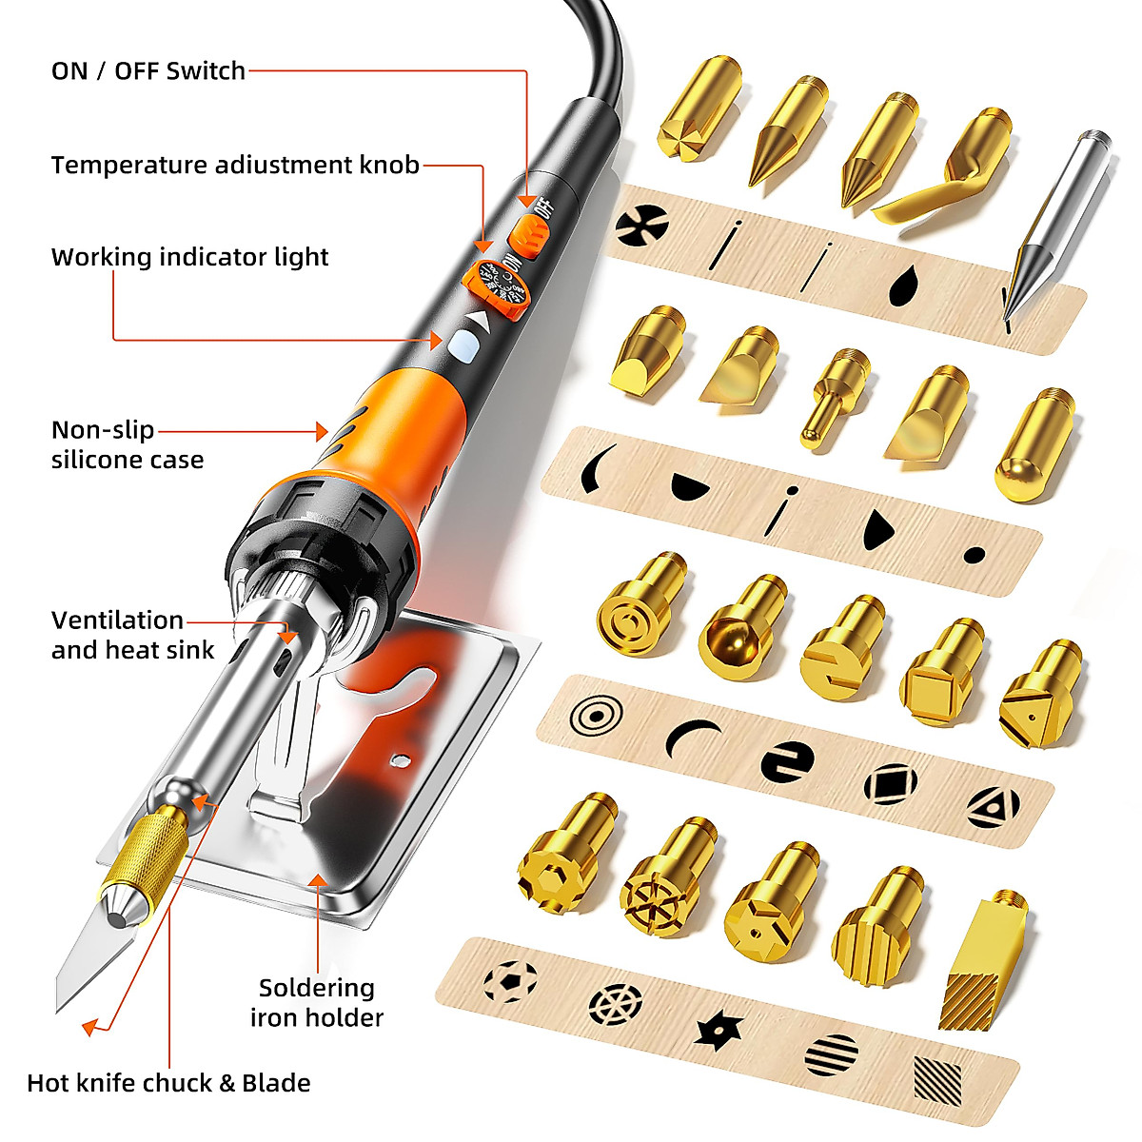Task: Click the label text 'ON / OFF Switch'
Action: [148, 71]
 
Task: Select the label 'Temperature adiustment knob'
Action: [235, 165]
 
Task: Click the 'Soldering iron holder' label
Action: [317, 1002]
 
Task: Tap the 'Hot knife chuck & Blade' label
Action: [168, 1083]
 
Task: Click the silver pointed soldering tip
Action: [1056, 219]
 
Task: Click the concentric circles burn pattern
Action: [596, 714]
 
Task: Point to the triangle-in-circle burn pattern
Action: [993, 807]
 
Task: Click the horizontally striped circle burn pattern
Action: [831, 1053]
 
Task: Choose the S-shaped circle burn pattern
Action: [787, 761]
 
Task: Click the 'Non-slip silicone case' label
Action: [127, 444]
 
